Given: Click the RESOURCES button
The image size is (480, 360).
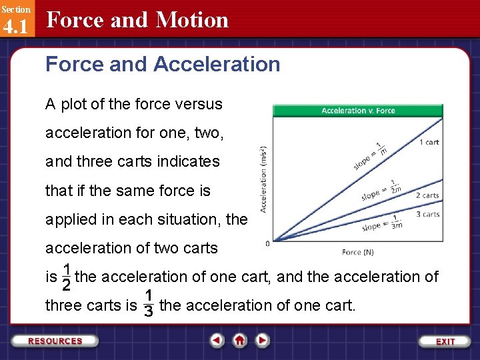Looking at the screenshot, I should tap(55, 341).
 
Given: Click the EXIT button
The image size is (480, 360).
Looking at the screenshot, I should tap(445, 341).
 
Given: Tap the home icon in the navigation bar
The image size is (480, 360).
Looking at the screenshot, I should tap(240, 340).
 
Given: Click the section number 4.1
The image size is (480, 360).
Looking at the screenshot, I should tap(15, 27).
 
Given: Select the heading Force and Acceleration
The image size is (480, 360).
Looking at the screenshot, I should tap(163, 65).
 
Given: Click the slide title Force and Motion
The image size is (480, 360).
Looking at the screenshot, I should tap(137, 20).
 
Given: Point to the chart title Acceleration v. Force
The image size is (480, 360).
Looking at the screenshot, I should tap(359, 111).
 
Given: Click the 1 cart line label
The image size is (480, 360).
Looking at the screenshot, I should tap(429, 142).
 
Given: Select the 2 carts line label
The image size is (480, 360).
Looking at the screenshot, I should tap(427, 195).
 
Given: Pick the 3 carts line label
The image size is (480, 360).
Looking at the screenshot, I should tap(427, 214).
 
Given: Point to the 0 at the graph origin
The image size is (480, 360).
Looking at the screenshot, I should tap(268, 243).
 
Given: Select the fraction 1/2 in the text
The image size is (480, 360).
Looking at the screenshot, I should tap(66, 277).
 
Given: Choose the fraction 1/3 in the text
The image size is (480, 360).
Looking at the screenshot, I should tap(149, 303).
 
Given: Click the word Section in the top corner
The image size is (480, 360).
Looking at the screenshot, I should tap(15, 9).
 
